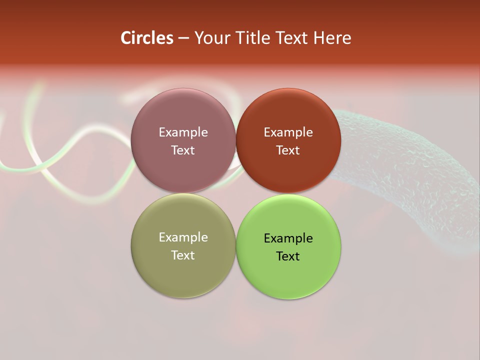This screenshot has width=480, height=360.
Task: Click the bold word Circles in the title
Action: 146,38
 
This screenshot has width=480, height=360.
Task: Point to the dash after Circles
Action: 183,38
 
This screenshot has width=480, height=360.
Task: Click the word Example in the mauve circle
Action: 183,132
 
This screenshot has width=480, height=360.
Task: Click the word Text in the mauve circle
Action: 183,150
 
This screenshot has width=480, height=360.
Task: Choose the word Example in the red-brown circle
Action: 288,132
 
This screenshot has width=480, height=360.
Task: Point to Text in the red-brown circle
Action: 288,150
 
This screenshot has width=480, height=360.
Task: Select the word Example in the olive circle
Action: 183,237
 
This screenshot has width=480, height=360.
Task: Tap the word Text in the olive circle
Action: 183,255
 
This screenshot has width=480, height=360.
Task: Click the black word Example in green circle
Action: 288,238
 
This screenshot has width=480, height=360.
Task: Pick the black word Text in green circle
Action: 288,256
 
